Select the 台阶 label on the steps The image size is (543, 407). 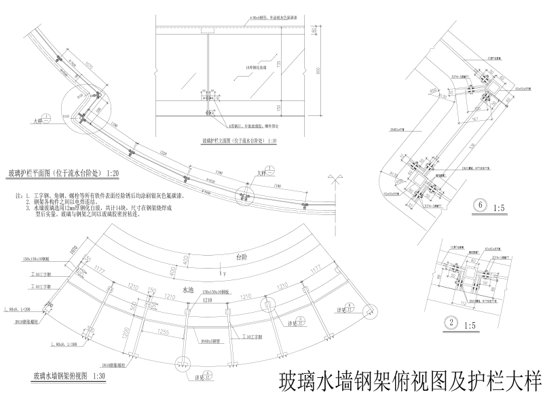coord(241,258)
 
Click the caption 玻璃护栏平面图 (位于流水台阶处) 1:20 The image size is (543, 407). coord(64,174)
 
